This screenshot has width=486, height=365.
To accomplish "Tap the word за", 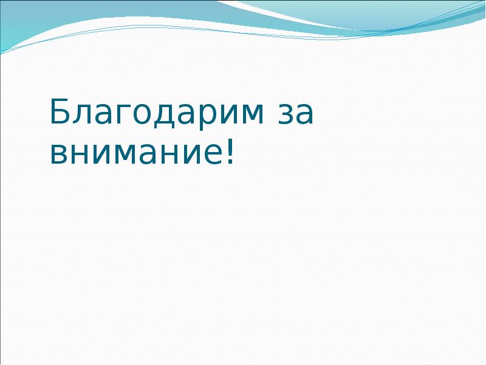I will (x=295, y=115).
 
